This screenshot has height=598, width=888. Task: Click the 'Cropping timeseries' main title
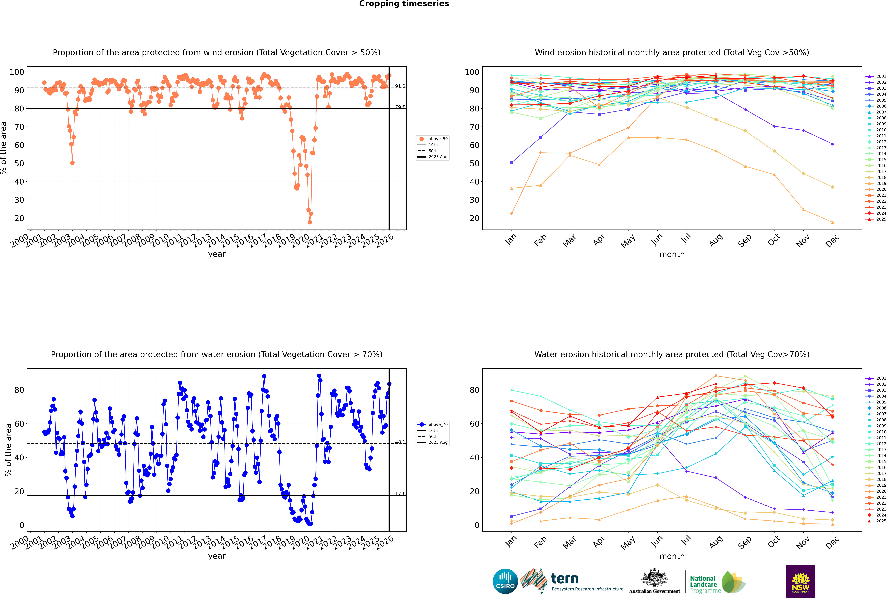[404, 4]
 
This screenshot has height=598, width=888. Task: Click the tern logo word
[565, 579]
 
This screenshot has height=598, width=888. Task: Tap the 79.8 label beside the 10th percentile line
[400, 107]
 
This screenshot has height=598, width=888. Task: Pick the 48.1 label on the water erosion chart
[400, 442]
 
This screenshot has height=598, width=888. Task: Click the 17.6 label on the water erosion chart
[400, 494]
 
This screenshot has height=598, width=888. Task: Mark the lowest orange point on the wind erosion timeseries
[310, 222]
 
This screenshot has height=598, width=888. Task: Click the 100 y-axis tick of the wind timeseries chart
[17, 72]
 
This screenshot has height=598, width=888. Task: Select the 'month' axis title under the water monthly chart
[672, 556]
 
